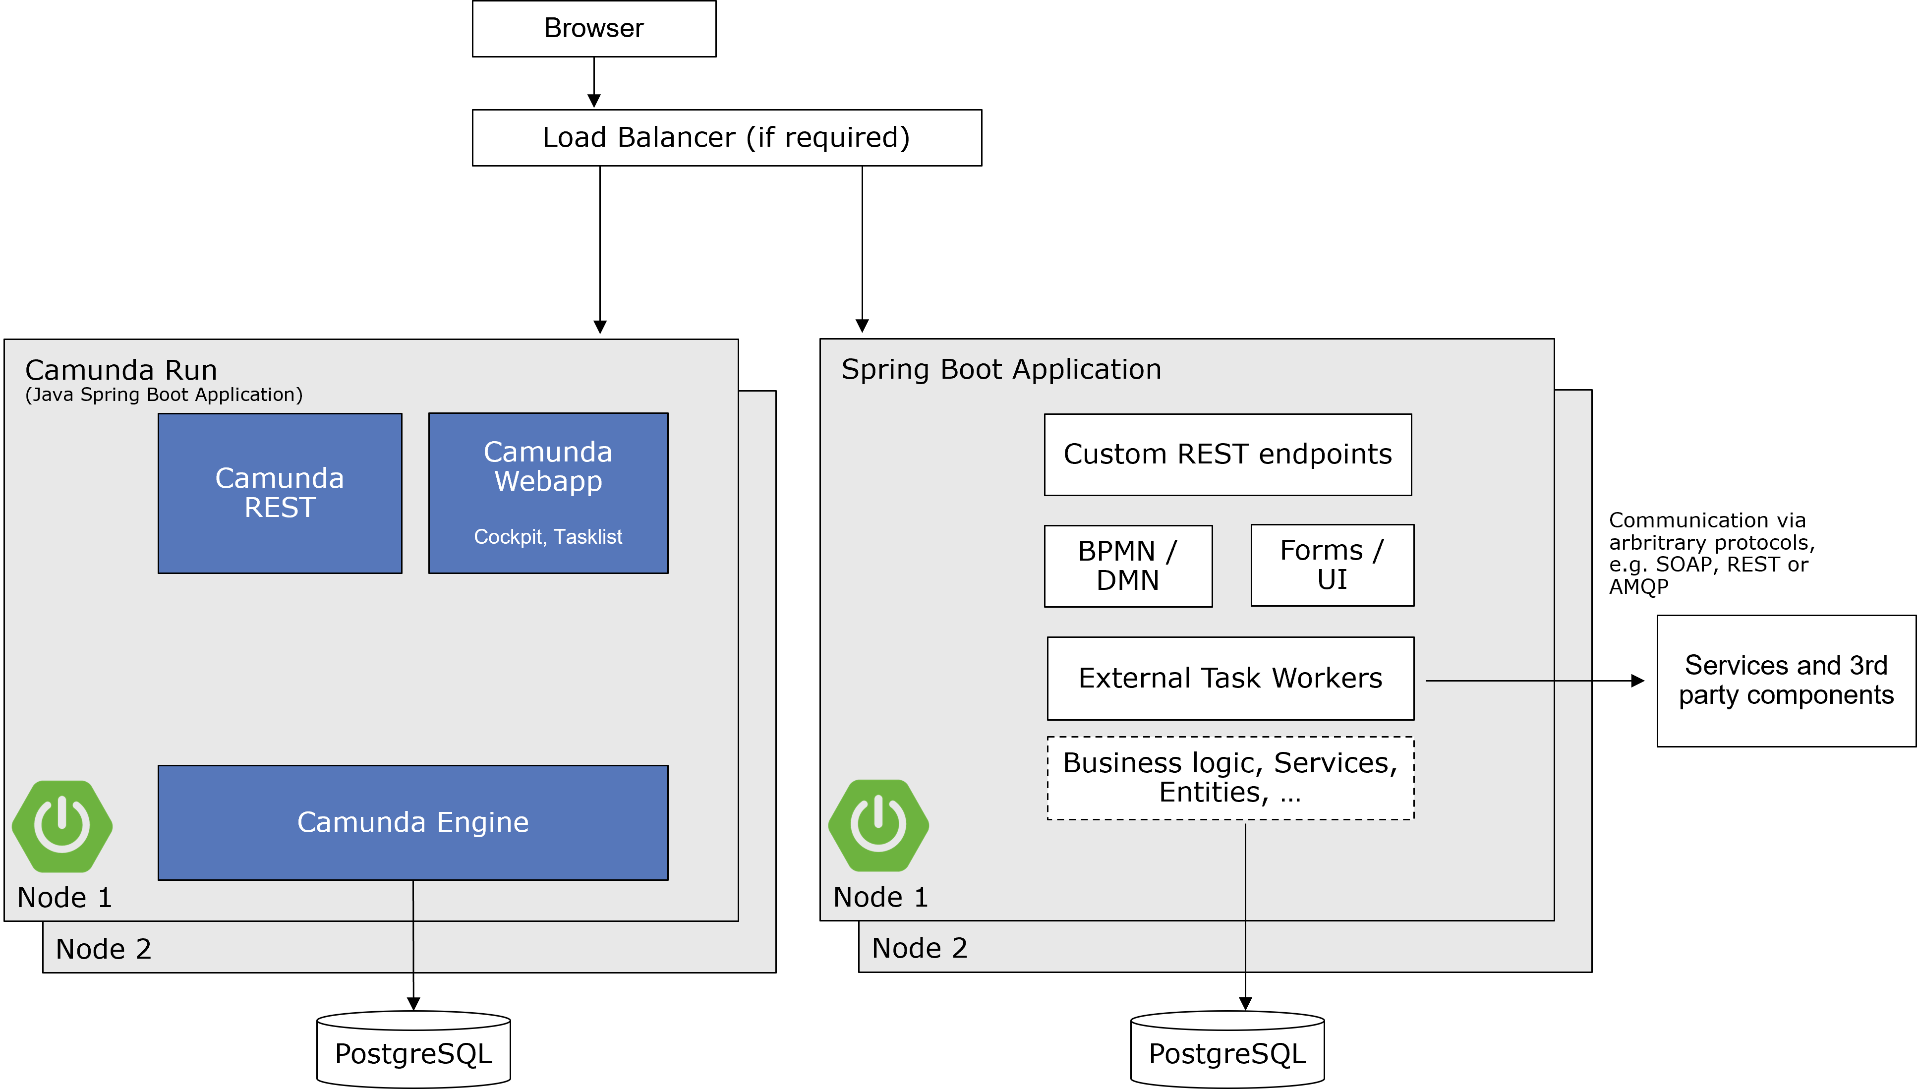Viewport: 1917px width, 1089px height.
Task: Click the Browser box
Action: pos(594,28)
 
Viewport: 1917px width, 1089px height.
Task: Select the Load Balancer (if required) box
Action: pos(726,138)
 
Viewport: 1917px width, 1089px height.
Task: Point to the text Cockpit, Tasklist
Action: pos(547,537)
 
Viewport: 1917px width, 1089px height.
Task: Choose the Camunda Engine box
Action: pos(413,822)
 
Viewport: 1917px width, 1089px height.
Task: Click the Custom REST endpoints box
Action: pos(1227,454)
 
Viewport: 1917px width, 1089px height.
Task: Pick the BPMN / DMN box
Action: pos(1128,566)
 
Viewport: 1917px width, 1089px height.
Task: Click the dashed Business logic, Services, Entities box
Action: pos(1230,778)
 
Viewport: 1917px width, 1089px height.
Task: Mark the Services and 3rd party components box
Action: pos(1786,681)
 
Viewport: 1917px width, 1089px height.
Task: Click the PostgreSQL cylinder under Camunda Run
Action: pos(413,1051)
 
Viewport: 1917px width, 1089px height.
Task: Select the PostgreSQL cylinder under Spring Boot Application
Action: pos(1227,1051)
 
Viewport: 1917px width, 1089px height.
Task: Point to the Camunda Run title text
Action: pos(121,370)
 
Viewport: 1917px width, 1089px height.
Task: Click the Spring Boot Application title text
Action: pos(1001,369)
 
